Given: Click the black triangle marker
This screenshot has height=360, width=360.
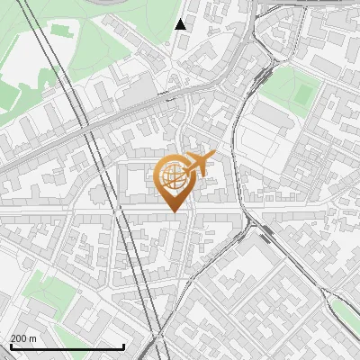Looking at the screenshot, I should click(x=181, y=24).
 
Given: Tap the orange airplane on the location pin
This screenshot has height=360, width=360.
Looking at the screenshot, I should click(x=199, y=165).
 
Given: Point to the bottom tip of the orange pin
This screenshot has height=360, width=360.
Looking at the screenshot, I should click(x=174, y=212).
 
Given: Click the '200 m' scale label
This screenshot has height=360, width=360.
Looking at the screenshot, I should click(x=23, y=338).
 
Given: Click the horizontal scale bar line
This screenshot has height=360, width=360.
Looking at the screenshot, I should click(x=67, y=346).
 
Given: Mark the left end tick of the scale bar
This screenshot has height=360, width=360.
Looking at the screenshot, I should click(x=11, y=345).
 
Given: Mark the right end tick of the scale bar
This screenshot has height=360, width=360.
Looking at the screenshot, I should click(x=123, y=345).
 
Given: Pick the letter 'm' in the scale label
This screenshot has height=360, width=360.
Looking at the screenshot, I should click(x=32, y=338).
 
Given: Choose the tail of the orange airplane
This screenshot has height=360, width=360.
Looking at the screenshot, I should click(x=188, y=163).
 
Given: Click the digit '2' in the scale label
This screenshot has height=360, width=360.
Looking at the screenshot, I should click(x=13, y=338).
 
